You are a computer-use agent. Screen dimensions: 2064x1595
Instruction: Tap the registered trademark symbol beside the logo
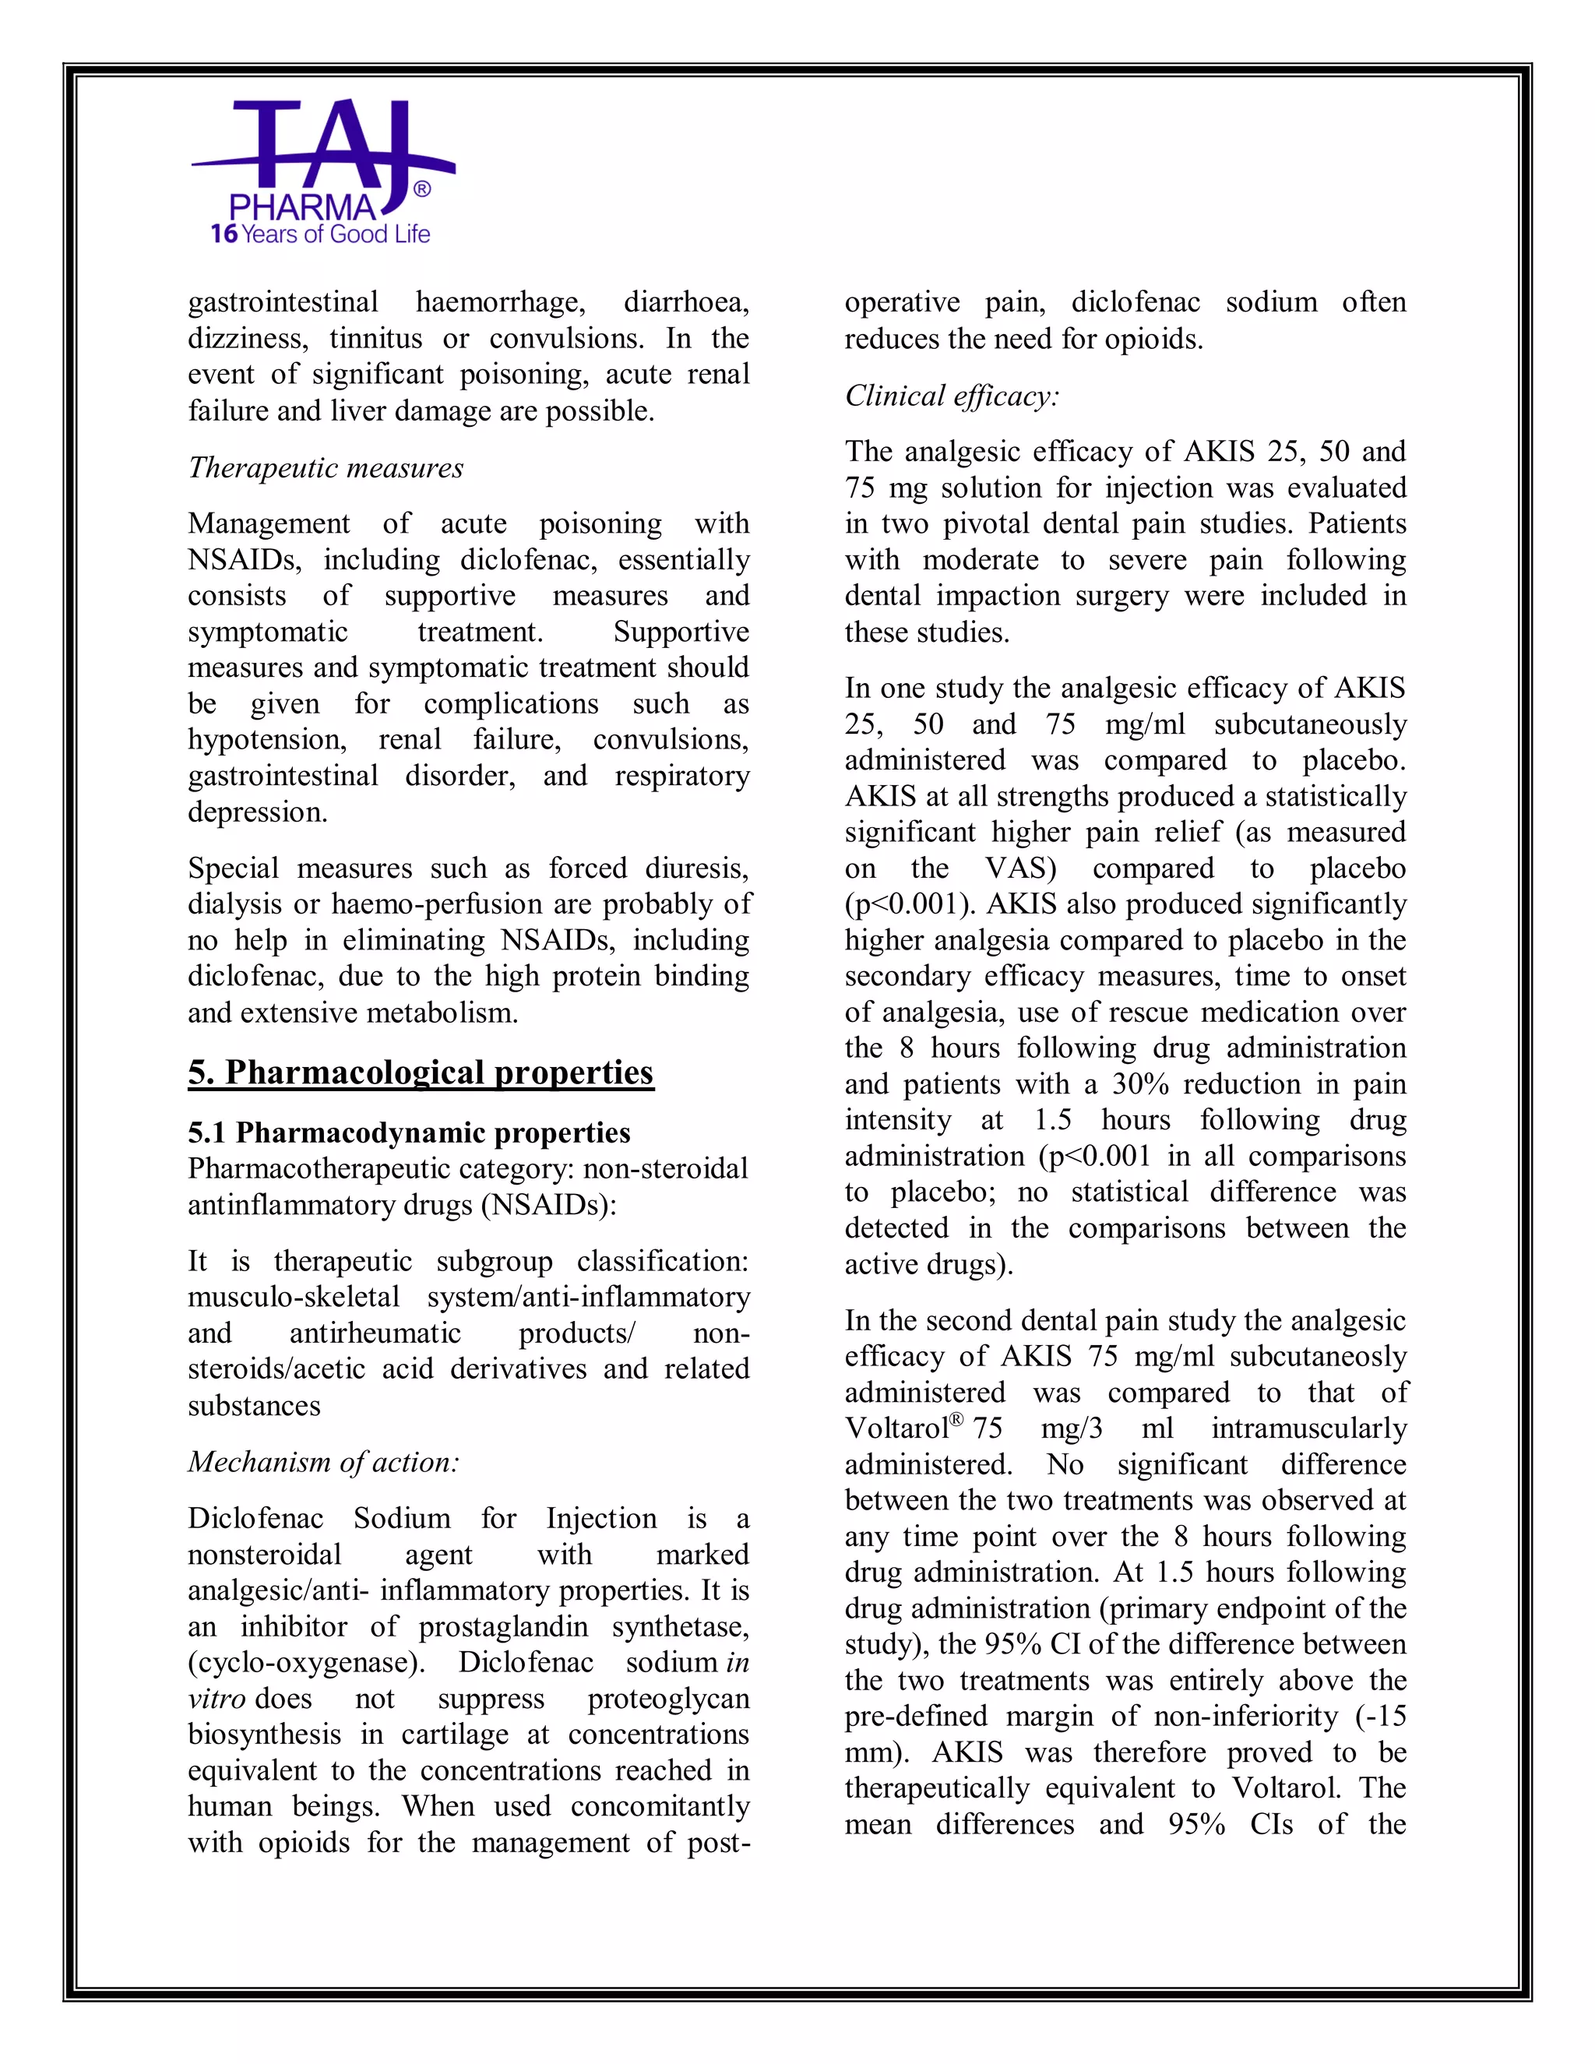(422, 190)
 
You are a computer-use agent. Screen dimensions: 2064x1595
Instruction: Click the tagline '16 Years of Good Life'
(320, 234)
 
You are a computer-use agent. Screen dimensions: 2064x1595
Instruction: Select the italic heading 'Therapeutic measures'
(325, 468)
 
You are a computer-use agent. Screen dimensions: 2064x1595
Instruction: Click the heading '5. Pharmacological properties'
(421, 1072)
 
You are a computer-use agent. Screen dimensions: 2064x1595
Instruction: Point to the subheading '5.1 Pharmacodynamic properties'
(408, 1132)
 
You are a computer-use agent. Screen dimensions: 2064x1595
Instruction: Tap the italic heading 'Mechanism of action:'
(323, 1462)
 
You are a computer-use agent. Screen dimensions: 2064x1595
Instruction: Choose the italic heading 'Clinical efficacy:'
(952, 396)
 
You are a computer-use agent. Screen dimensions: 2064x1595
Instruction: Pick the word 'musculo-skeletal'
(293, 1297)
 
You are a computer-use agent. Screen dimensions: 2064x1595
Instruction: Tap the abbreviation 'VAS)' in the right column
(1019, 868)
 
